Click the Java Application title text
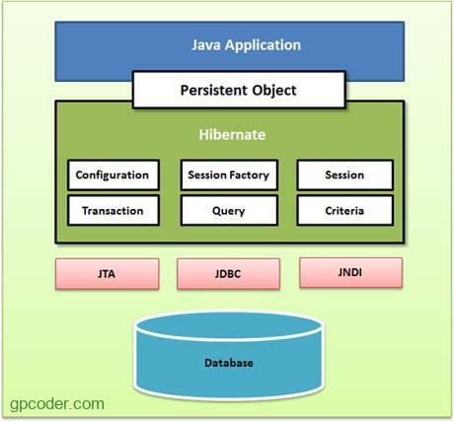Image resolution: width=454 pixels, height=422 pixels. point(246,45)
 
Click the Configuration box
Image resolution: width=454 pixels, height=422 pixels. point(113,176)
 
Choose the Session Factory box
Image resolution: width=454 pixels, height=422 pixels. point(228,176)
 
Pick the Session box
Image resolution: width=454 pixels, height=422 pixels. point(344,176)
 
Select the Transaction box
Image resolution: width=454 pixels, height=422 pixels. point(113,210)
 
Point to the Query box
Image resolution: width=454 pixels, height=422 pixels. point(228,210)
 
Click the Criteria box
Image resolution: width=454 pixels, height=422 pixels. point(344,210)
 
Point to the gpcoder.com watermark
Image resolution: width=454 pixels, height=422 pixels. point(57,402)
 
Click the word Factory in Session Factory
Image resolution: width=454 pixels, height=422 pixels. point(249,176)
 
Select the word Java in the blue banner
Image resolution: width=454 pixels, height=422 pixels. point(207,45)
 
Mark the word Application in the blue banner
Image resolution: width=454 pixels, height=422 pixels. point(264,45)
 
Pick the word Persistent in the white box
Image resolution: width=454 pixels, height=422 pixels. point(211,90)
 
